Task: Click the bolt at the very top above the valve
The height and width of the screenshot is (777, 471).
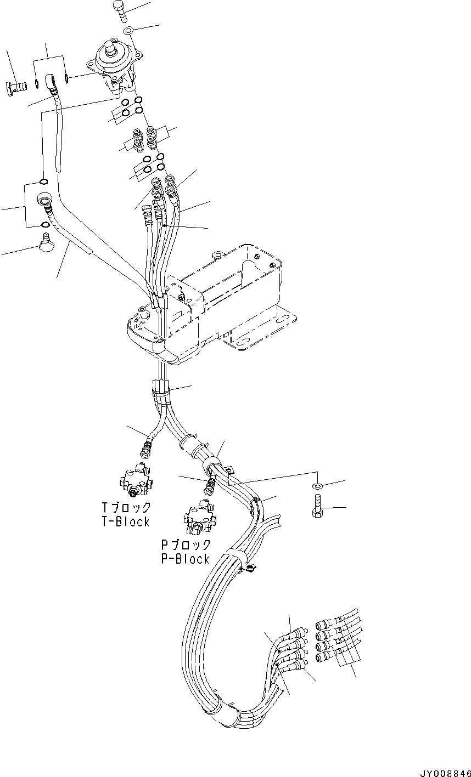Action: (120, 12)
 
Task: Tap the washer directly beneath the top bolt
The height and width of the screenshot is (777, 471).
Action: (128, 30)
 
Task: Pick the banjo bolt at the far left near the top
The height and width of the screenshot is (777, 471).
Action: (18, 86)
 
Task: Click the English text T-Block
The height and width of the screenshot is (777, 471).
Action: (121, 521)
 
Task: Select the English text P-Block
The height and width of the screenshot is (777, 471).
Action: (185, 559)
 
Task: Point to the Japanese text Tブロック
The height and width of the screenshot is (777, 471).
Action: (121, 507)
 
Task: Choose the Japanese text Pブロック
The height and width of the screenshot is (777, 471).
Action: (185, 545)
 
